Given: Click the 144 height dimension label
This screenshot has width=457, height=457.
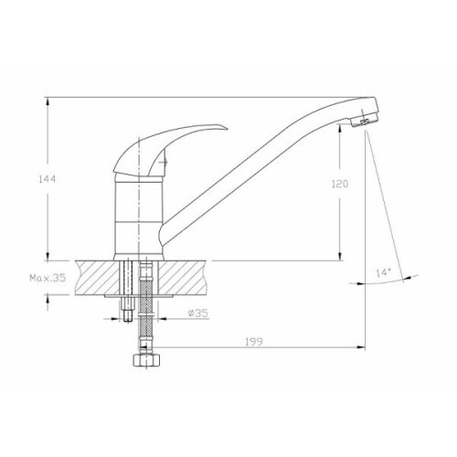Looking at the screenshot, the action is (48, 179).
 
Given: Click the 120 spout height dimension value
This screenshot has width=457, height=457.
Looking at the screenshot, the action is (340, 184).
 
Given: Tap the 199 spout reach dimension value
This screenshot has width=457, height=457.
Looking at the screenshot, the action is (254, 342).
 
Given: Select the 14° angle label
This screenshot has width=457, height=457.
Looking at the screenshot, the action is (383, 272).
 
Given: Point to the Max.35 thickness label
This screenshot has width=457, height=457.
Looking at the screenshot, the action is (48, 278).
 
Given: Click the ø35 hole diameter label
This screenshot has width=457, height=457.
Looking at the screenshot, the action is (198, 313).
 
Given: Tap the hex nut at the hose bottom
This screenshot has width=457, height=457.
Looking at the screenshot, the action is (146, 360).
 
